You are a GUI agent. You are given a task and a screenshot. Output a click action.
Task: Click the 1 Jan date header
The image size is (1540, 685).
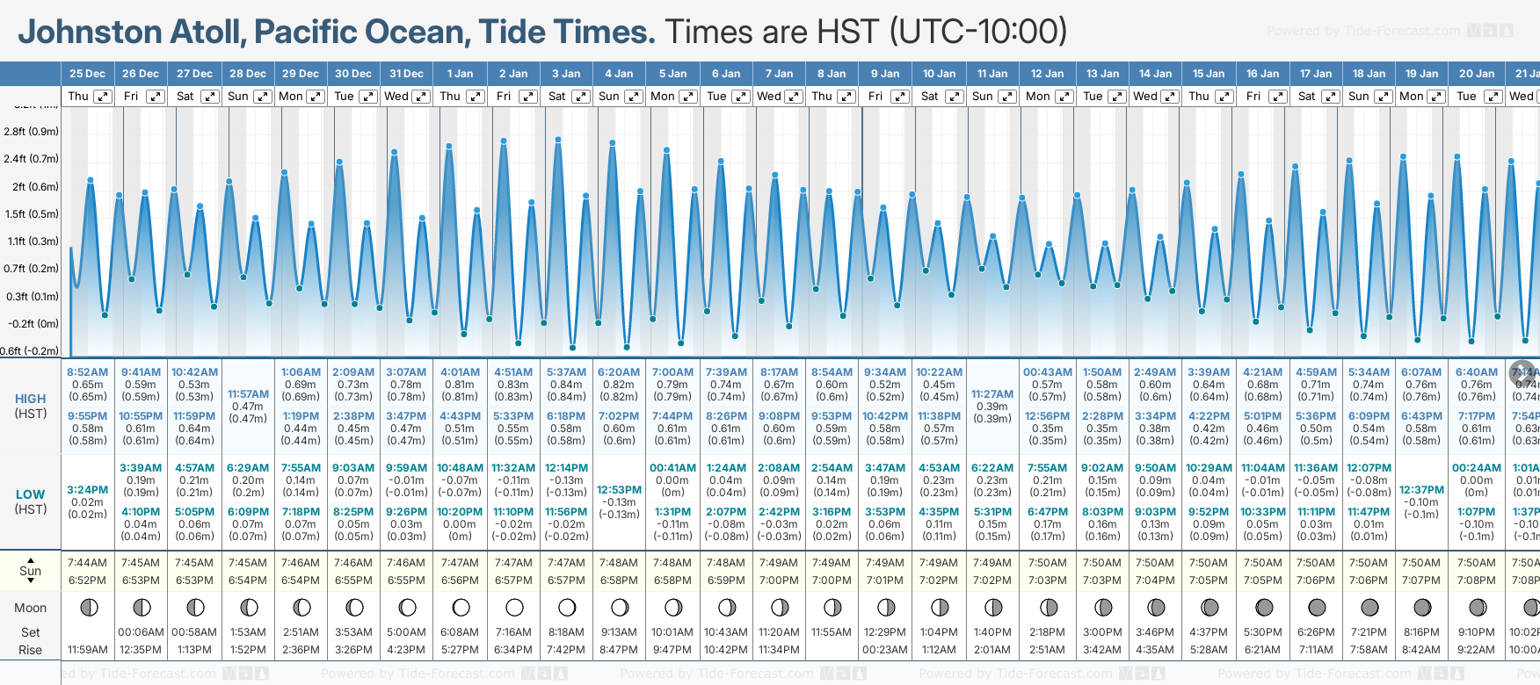coord(460,74)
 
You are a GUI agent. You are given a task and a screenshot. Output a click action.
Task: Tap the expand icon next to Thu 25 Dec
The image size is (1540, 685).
coord(103,97)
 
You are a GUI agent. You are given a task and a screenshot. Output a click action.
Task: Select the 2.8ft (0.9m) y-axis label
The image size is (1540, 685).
coord(32,132)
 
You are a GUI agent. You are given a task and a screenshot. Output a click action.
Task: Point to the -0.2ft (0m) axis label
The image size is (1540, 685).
coord(33,324)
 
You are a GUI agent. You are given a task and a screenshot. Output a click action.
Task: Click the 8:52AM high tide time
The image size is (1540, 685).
coord(87,372)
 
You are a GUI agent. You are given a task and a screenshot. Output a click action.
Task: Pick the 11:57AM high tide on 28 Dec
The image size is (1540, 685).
coord(248,394)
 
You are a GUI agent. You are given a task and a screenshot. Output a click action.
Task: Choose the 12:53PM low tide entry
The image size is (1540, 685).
coord(619,490)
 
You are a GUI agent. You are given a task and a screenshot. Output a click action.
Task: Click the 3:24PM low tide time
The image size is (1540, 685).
coord(87,490)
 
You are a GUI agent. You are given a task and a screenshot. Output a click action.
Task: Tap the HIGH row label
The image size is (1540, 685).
coord(30,399)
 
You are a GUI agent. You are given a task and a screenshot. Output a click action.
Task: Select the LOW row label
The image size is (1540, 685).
coord(30,494)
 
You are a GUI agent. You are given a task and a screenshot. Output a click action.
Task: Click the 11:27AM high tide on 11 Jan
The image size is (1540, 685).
coord(992,394)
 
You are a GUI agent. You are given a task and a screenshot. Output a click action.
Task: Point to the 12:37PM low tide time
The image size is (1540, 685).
coord(1421,490)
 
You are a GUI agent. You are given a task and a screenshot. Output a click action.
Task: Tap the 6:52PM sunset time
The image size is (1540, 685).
coord(87,580)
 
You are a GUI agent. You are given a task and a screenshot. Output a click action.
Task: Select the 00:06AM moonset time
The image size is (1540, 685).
coord(141,632)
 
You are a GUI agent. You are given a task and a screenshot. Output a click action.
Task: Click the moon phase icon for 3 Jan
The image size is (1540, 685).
coord(567,607)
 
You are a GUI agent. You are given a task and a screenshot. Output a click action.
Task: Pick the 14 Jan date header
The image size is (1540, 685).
coord(1155,74)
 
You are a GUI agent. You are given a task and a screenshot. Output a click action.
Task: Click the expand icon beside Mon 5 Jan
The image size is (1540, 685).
coord(688,97)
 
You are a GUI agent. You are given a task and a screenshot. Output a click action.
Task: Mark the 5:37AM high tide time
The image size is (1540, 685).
coord(566,372)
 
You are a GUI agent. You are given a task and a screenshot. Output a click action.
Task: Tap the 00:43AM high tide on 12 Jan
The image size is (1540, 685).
coord(1047,372)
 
